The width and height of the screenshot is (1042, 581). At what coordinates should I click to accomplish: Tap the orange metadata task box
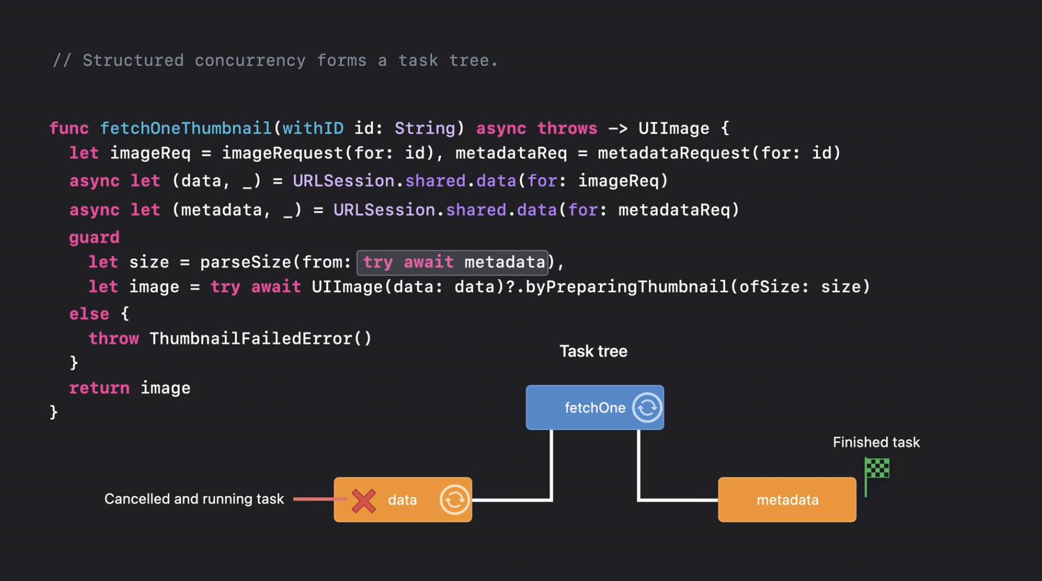click(x=787, y=500)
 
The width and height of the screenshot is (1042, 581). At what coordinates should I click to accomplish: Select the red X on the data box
click(x=364, y=500)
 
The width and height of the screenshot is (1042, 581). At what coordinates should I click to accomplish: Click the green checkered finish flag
click(x=877, y=469)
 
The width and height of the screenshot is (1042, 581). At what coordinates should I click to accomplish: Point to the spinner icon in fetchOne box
click(x=647, y=408)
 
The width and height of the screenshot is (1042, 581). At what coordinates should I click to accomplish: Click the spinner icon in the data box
click(x=454, y=500)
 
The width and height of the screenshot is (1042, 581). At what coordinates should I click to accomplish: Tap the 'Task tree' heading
click(x=593, y=351)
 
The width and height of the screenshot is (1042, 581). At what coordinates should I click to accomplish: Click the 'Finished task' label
click(x=876, y=442)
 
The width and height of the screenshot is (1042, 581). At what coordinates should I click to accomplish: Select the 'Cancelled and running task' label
click(x=194, y=499)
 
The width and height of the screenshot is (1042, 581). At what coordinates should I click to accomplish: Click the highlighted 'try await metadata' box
click(x=452, y=262)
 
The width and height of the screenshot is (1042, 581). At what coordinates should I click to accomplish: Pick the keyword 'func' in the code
click(x=69, y=128)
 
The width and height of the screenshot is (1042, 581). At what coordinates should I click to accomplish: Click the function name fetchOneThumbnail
click(x=186, y=128)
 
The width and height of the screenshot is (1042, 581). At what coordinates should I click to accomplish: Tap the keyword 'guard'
click(x=94, y=237)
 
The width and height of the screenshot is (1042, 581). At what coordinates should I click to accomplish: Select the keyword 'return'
click(x=99, y=388)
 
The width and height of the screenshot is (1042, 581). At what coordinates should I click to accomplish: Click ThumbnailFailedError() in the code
click(x=260, y=338)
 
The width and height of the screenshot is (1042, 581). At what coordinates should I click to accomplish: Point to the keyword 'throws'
click(x=567, y=128)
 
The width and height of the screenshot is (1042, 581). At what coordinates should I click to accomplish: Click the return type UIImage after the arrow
click(x=673, y=128)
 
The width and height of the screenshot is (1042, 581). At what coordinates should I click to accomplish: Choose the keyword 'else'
click(x=89, y=314)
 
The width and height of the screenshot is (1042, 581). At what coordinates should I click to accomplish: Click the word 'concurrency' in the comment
click(x=250, y=61)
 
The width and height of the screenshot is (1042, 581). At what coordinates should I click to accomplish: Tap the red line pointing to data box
click(x=318, y=499)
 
